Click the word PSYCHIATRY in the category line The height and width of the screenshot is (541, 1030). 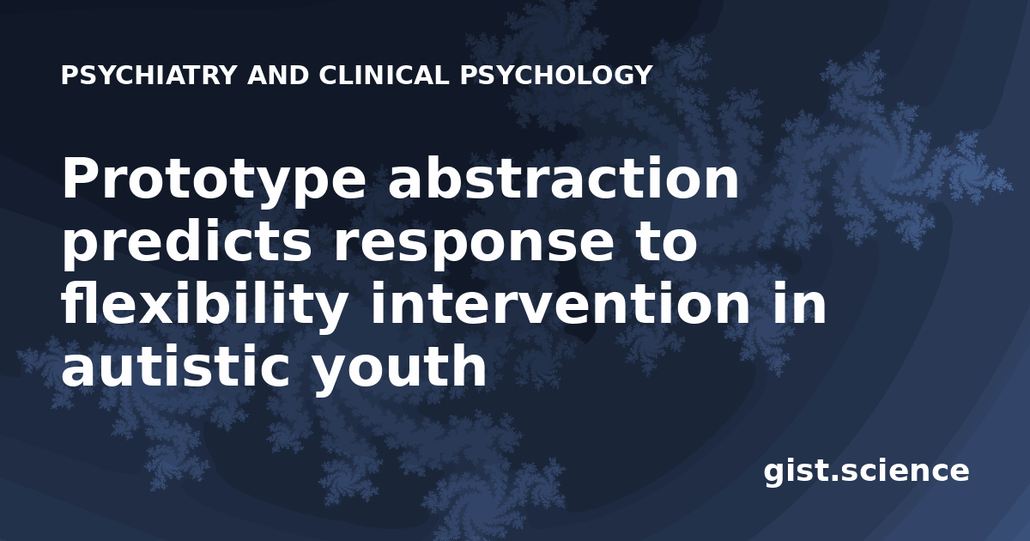(148, 75)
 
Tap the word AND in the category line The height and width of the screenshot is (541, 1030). (278, 75)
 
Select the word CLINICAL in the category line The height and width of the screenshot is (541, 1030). (384, 75)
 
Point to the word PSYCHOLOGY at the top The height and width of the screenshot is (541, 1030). (556, 75)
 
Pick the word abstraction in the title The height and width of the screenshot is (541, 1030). (563, 178)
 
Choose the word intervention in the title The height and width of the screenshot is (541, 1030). (560, 304)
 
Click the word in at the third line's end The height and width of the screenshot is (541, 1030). (799, 304)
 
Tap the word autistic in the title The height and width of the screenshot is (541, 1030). (175, 366)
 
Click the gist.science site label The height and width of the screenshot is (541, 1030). (866, 472)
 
